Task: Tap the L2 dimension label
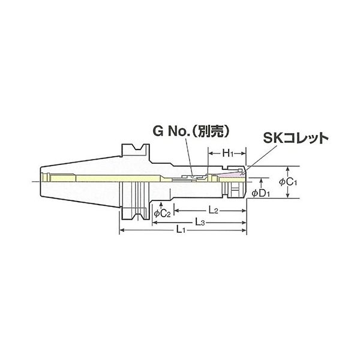211,211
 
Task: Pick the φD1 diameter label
262,193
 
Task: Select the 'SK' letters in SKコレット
274,138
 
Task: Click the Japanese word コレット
306,138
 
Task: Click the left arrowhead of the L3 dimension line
153,222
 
